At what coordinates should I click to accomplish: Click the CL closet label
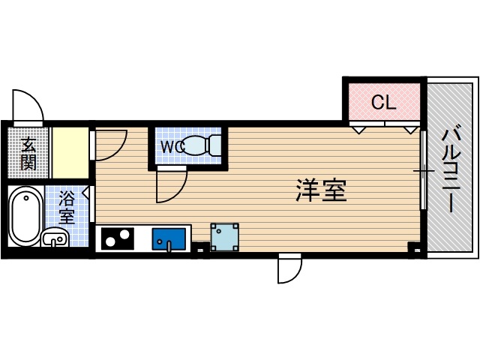coord(383,103)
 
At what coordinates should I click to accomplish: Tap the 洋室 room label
coord(320,190)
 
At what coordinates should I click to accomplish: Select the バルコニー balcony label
coord(451,169)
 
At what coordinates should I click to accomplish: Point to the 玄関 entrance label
coord(28,153)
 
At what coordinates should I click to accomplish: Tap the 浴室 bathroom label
coord(67,208)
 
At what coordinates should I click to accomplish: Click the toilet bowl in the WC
coord(200,144)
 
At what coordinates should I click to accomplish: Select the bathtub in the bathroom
coord(25,214)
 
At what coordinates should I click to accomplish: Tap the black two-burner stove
coord(117,239)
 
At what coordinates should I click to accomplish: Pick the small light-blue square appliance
coord(224,237)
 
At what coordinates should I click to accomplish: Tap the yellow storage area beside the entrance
coord(70,152)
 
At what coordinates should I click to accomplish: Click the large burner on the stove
coord(122,240)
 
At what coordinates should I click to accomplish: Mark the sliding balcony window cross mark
coord(424,172)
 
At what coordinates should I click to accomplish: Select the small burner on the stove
coord(108,241)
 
